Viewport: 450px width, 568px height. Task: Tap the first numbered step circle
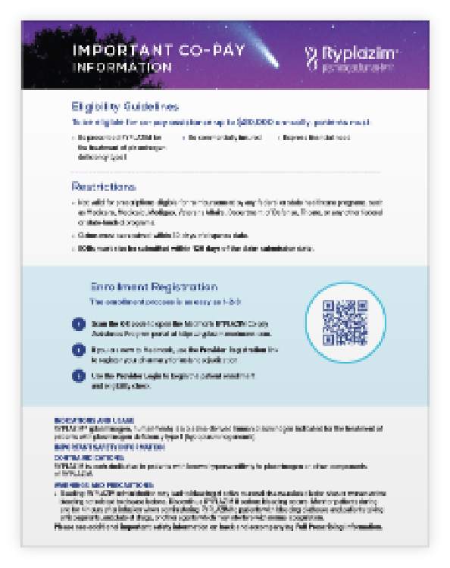point(80,324)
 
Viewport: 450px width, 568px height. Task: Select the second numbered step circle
point(80,350)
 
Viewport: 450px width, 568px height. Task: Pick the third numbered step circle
point(80,376)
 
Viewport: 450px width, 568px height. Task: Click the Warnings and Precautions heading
point(95,485)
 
